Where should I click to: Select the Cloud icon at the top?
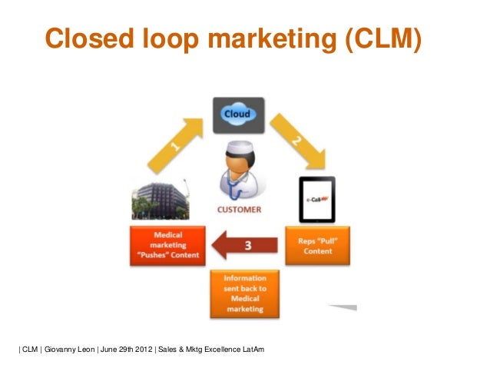tap(238, 115)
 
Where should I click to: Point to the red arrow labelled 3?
tap(242, 246)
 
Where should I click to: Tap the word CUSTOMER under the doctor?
tap(239, 209)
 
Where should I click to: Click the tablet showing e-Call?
tap(316, 199)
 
